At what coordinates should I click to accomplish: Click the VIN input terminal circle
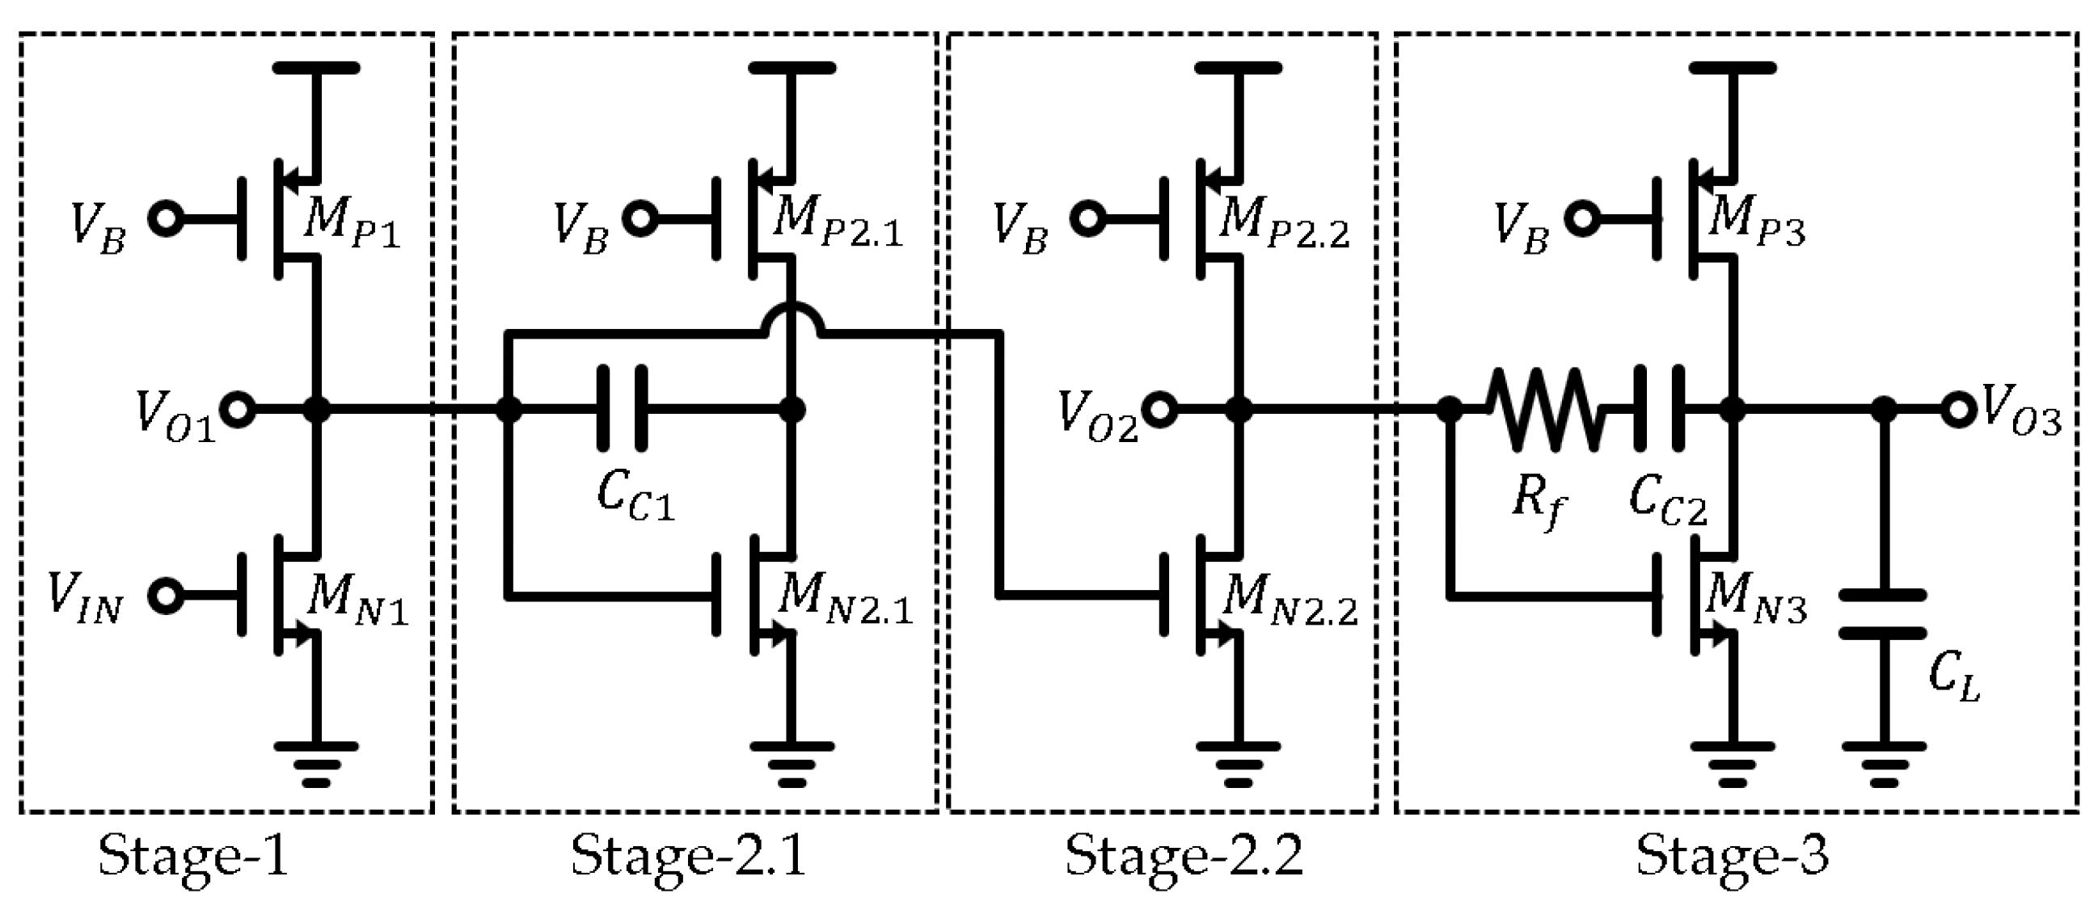pos(167,595)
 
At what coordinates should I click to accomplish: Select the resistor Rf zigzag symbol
pos(1544,410)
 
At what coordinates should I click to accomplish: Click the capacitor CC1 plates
pos(623,409)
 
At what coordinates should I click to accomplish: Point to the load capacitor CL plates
pos(1884,613)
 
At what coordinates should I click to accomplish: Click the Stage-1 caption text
pos(193,857)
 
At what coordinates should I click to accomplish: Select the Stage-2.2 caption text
pos(1184,857)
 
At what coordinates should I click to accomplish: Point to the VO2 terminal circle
pos(1160,410)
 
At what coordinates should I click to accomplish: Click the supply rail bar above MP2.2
pos(1238,69)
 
